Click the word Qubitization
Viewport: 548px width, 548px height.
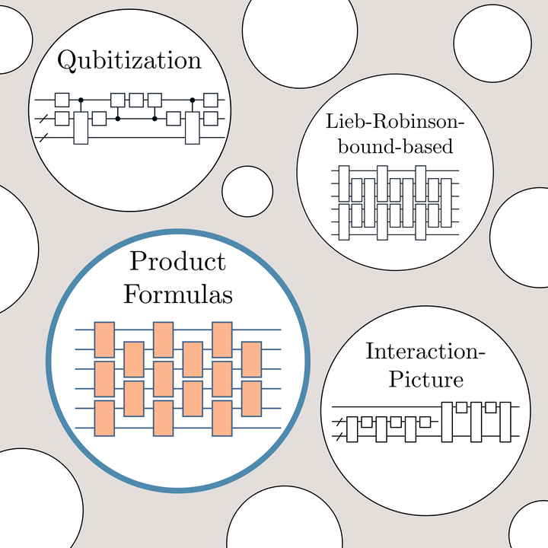pyautogui.click(x=129, y=60)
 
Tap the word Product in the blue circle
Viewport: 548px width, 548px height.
pyautogui.click(x=177, y=261)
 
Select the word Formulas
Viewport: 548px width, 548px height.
pyautogui.click(x=178, y=294)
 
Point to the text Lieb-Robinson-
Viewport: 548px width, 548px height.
pyautogui.click(x=394, y=121)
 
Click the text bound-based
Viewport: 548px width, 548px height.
pyautogui.click(x=395, y=145)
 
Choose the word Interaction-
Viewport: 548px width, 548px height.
pyautogui.click(x=425, y=351)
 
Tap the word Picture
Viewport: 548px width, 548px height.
pyautogui.click(x=426, y=379)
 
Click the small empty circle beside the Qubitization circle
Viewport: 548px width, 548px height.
pyautogui.click(x=247, y=192)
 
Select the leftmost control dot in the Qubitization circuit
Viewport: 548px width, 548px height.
pyautogui.click(x=81, y=100)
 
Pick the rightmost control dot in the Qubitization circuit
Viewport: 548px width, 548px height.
pyautogui.click(x=193, y=100)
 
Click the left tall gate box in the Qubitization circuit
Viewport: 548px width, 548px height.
pyautogui.click(x=81, y=128)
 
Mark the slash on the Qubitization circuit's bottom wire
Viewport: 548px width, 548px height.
pyautogui.click(x=43, y=138)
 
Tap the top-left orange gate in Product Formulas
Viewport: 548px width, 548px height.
pyautogui.click(x=104, y=339)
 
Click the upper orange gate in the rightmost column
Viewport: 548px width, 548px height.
pyautogui.click(x=252, y=359)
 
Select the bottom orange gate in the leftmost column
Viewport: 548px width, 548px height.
pyautogui.click(x=104, y=419)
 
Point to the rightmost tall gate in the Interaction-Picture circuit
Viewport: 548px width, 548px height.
pyautogui.click(x=505, y=422)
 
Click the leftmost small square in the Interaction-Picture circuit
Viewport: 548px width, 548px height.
pyautogui.click(x=366, y=422)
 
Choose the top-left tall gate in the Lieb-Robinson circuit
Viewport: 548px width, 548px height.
pyautogui.click(x=344, y=183)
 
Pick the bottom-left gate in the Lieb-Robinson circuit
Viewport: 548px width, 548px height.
pyautogui.click(x=344, y=222)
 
